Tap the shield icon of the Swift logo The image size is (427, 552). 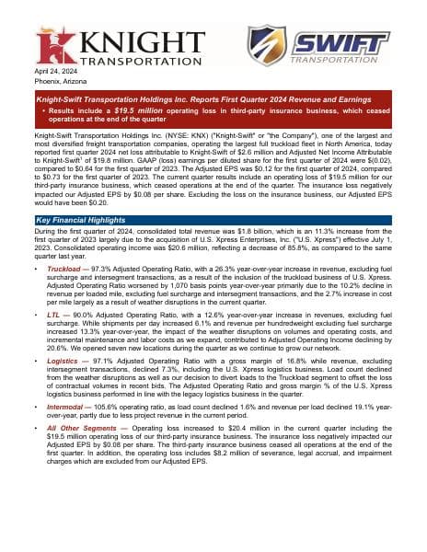point(268,45)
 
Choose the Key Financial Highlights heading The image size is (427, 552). point(80,220)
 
